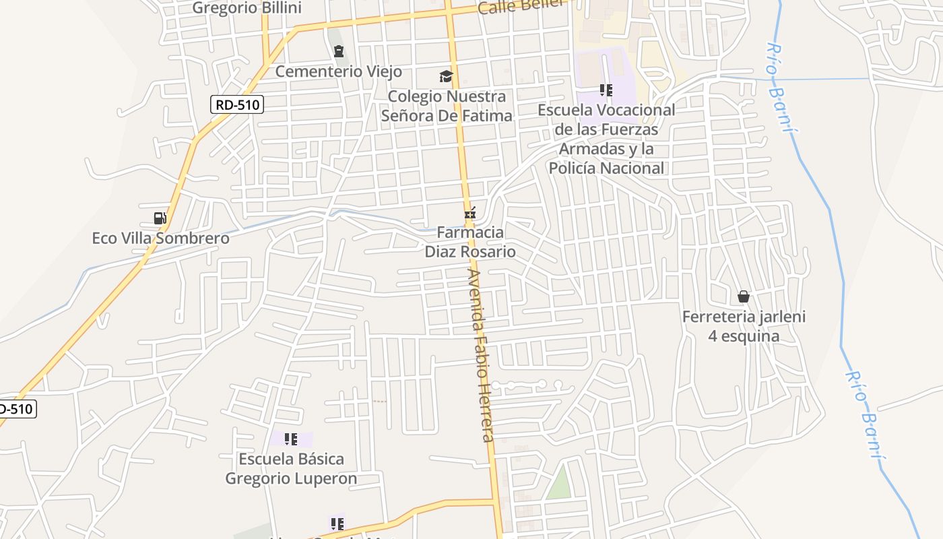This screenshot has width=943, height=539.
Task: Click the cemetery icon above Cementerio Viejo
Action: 339,51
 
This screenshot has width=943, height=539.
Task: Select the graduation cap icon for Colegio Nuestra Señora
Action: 446,76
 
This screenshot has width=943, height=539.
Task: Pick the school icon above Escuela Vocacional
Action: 606,90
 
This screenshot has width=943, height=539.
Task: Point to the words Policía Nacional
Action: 606,168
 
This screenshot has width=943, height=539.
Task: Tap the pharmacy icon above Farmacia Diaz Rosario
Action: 470,214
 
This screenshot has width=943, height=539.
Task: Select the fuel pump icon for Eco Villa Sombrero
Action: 160,218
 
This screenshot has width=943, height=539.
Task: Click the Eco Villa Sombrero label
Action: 160,239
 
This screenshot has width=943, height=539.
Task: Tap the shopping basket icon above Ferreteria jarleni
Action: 744,296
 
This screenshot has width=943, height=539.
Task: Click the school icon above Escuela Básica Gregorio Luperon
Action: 291,439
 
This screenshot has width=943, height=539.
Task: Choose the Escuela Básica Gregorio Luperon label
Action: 291,469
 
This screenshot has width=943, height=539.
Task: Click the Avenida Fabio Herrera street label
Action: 482,356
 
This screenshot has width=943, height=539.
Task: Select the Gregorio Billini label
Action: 247,8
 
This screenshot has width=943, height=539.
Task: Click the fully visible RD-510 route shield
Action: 236,104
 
